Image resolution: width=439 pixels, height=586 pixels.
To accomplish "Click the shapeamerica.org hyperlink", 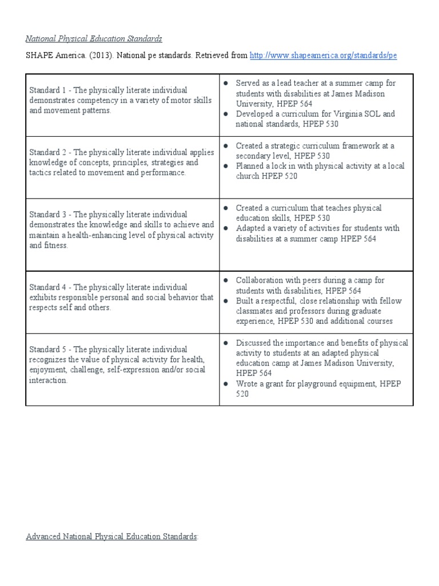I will (323, 56).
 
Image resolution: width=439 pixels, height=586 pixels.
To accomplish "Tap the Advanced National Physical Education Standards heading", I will (112, 536).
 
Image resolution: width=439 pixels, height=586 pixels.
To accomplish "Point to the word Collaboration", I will (261, 280).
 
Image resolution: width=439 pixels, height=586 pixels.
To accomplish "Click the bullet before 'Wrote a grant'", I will (226, 384).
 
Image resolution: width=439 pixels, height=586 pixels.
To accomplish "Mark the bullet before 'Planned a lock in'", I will (226, 166).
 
